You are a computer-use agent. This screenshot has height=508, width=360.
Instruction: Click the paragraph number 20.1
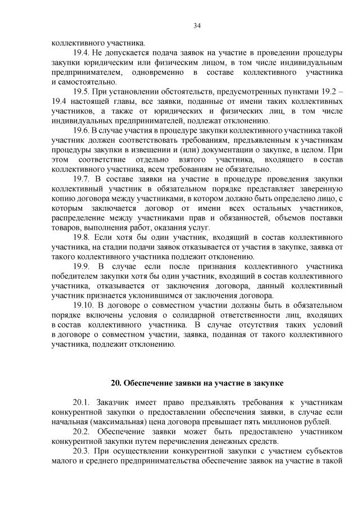click(82, 403)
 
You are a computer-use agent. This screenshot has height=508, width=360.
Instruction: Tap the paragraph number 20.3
click(82, 452)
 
